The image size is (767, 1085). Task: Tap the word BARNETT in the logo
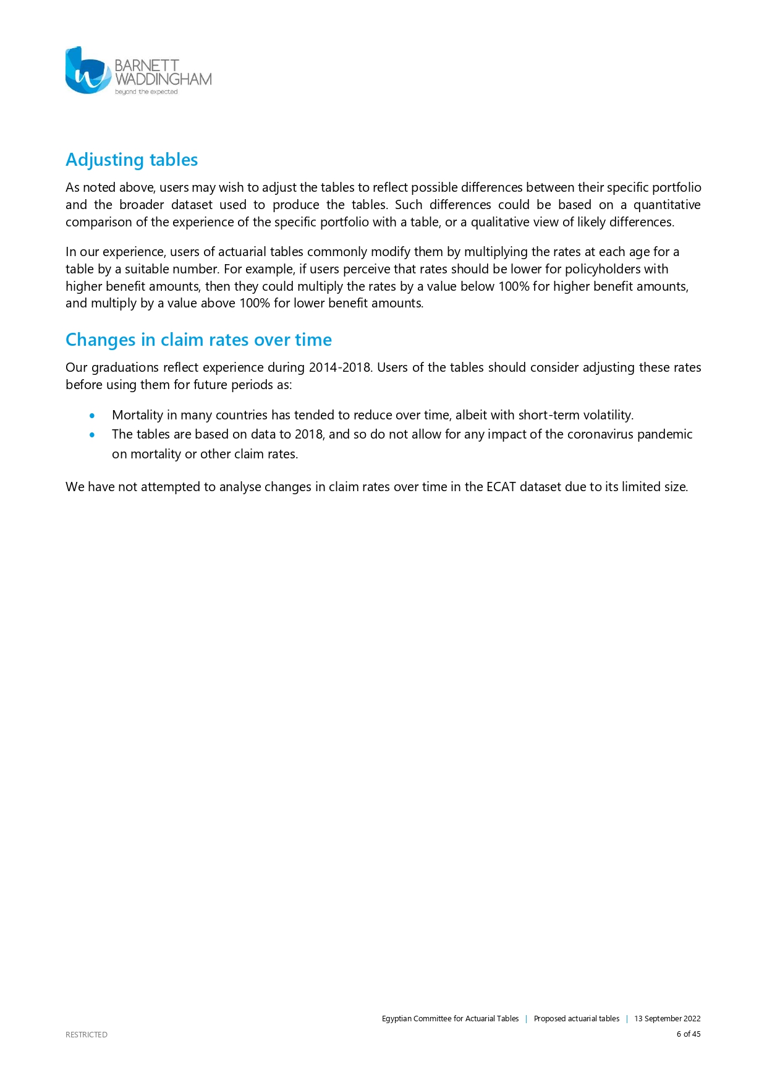(146, 66)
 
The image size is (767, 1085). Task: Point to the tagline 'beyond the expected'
(146, 92)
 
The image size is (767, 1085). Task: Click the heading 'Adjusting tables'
(132, 160)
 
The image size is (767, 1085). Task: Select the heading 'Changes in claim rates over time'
(198, 340)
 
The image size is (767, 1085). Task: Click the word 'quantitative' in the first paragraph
(667, 205)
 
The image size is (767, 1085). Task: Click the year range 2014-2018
(340, 367)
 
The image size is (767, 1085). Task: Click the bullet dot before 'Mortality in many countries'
(92, 416)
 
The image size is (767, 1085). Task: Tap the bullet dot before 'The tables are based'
(92, 435)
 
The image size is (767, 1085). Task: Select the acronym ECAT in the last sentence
(501, 487)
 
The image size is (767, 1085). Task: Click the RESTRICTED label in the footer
(87, 1035)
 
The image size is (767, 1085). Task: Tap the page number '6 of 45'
(689, 1034)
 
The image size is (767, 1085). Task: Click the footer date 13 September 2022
(667, 1019)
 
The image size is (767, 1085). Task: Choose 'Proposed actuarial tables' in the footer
(577, 1019)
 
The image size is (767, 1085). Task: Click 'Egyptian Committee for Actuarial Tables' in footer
(450, 1019)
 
